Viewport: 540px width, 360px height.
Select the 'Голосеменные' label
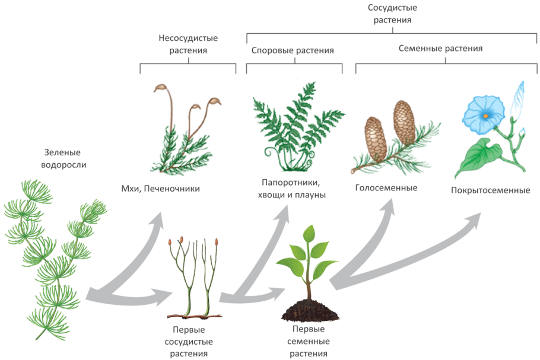pyautogui.click(x=386, y=188)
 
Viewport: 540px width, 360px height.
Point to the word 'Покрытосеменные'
pyautogui.click(x=490, y=190)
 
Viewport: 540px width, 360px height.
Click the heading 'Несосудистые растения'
pyautogui.click(x=188, y=44)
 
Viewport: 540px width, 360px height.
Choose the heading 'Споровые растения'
pyautogui.click(x=293, y=50)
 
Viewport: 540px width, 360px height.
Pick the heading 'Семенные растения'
pyautogui.click(x=439, y=49)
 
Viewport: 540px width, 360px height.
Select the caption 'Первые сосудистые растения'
pyautogui.click(x=188, y=341)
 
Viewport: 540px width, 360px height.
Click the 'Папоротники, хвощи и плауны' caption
pyautogui.click(x=293, y=188)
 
